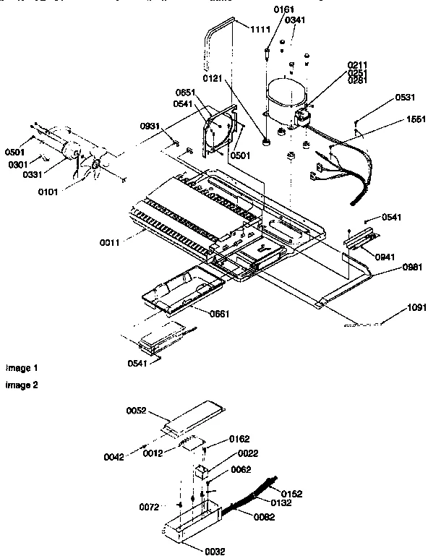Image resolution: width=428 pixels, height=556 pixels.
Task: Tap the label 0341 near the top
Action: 294,20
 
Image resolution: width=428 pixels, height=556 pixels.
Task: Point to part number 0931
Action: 151,127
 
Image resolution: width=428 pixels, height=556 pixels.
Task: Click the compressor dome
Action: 286,98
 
